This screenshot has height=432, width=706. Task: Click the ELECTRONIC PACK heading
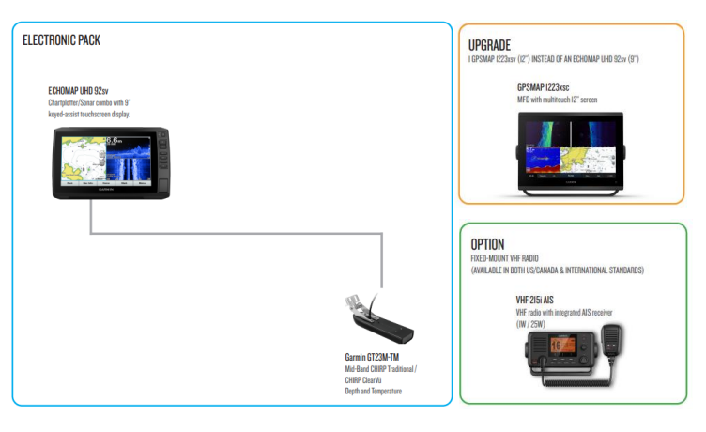point(61,40)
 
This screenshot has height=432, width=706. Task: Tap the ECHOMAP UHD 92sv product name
point(78,91)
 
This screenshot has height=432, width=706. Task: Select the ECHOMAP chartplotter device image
point(111,163)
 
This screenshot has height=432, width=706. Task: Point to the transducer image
point(379,317)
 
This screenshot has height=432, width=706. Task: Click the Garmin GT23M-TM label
point(372,357)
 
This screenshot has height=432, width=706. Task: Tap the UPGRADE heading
point(489,45)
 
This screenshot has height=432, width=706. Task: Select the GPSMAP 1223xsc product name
point(543,87)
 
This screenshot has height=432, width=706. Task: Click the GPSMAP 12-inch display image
point(571,154)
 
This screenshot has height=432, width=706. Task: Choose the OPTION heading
point(487,244)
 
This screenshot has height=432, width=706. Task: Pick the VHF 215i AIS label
point(534,300)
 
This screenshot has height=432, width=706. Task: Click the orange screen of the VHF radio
point(562,345)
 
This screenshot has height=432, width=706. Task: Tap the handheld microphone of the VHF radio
point(611,340)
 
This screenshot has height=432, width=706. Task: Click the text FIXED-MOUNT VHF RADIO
point(504,258)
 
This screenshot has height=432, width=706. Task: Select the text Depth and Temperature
point(374,391)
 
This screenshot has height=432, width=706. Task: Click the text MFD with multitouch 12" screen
point(557,100)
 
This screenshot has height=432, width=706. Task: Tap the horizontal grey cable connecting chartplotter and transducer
point(237,233)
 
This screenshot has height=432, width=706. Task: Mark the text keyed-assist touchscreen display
point(89,115)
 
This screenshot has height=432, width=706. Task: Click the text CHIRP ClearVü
point(363,380)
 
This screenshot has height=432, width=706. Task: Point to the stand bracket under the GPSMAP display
point(571,193)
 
